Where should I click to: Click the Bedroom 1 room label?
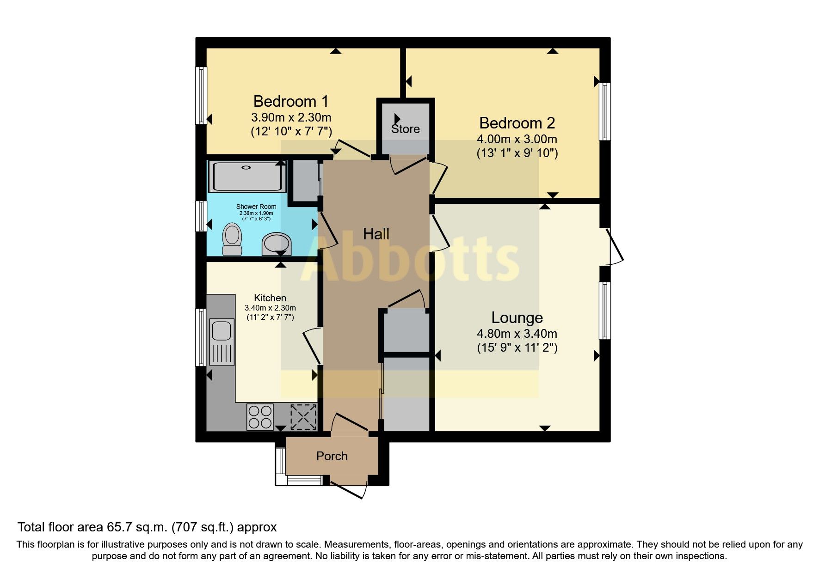[290, 101]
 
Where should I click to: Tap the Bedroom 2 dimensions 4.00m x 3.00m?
[517, 139]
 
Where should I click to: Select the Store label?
[405, 129]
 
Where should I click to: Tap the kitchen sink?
[221, 331]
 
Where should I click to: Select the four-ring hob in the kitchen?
[260, 416]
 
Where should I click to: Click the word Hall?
[376, 234]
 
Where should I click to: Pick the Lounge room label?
[517, 318]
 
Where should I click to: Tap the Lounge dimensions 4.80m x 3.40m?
[517, 334]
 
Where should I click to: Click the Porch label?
[332, 456]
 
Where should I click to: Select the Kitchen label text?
[270, 298]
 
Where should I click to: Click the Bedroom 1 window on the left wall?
[201, 95]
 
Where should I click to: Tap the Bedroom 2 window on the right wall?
[605, 111]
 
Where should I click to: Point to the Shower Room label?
[256, 207]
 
